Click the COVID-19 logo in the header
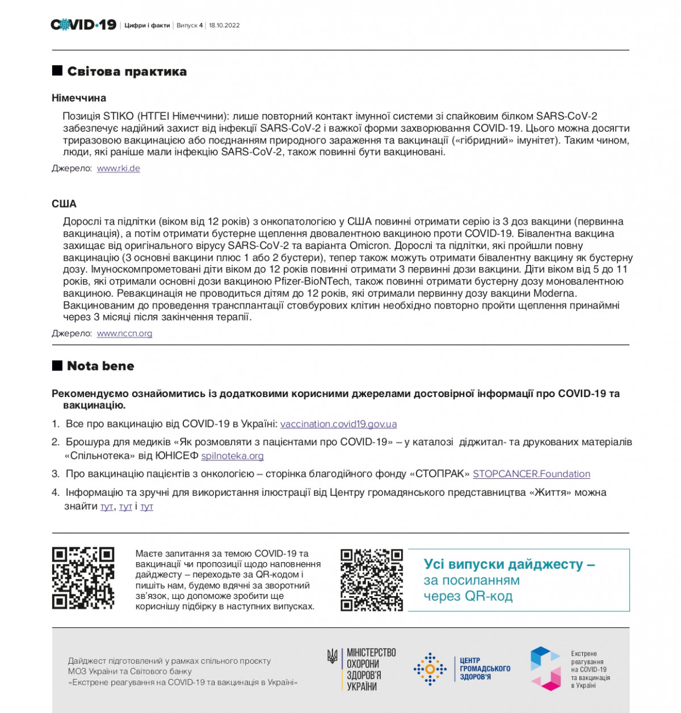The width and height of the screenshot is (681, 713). tap(83, 24)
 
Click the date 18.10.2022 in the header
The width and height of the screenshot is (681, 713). tap(224, 26)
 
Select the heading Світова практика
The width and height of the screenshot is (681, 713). tap(127, 71)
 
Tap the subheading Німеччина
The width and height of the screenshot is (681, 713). tap(79, 98)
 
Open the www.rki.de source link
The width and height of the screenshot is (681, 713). tap(119, 168)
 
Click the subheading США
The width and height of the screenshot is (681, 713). tap(64, 204)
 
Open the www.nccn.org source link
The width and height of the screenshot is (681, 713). tap(124, 334)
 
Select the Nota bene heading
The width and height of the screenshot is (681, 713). tap(100, 366)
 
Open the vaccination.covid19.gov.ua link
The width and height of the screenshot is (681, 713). tap(338, 424)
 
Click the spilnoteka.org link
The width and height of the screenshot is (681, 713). tap(232, 456)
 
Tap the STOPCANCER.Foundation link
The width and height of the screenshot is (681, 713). tap(531, 474)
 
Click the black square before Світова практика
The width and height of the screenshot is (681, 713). tap(57, 71)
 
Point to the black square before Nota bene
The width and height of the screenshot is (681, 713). tap(57, 365)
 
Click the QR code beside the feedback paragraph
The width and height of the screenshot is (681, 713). tap(83, 578)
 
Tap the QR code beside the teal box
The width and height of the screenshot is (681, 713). tap(372, 580)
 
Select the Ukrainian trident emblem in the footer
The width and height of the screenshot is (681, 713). tap(332, 657)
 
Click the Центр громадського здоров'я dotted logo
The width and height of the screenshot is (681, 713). tap(430, 669)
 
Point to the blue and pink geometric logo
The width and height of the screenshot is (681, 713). tap(545, 669)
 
